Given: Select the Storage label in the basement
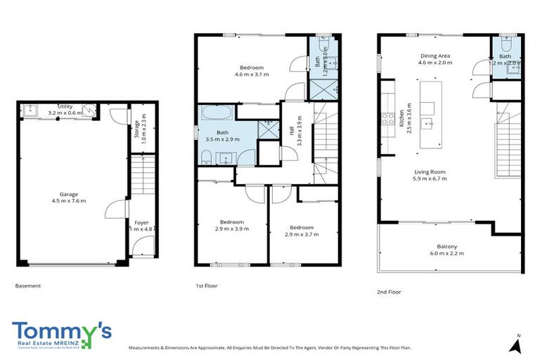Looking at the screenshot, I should [x=137, y=131].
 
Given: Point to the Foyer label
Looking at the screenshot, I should [x=141, y=225].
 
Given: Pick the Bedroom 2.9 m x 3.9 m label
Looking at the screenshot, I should [x=231, y=224].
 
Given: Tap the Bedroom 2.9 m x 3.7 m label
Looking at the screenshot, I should [x=302, y=231].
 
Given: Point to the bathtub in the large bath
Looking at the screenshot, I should [x=218, y=114].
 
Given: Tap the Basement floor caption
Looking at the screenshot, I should [x=27, y=286].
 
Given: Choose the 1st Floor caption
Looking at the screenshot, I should [x=206, y=286].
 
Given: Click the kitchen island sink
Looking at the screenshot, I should [x=426, y=124].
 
